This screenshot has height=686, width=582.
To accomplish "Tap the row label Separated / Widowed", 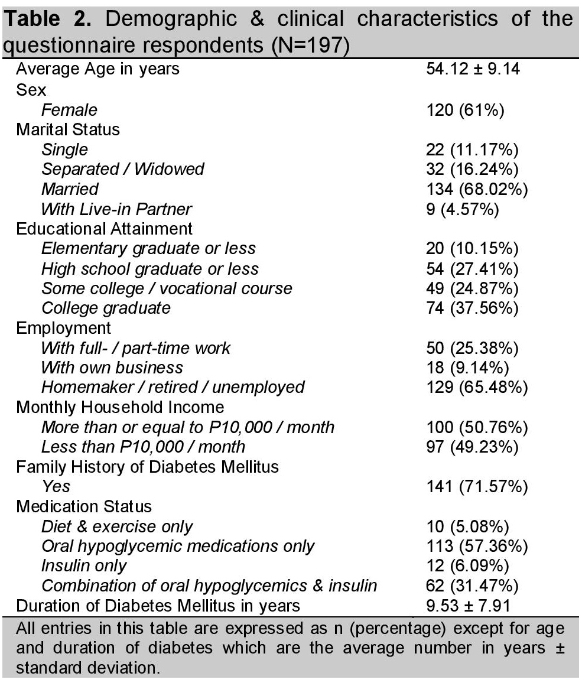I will point(122,169).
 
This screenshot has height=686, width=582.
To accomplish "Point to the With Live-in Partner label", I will point(116,209).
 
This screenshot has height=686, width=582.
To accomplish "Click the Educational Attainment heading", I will point(104,229).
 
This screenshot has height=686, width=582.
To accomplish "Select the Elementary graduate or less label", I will point(148,249).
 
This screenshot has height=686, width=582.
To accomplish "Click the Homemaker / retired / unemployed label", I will point(173,388).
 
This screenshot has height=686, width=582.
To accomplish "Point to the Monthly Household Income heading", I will point(120,408).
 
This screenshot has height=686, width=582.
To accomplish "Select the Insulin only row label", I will point(84,566).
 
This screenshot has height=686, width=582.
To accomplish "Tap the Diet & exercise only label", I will point(117,526).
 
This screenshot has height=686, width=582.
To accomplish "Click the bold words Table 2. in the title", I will point(51,19).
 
